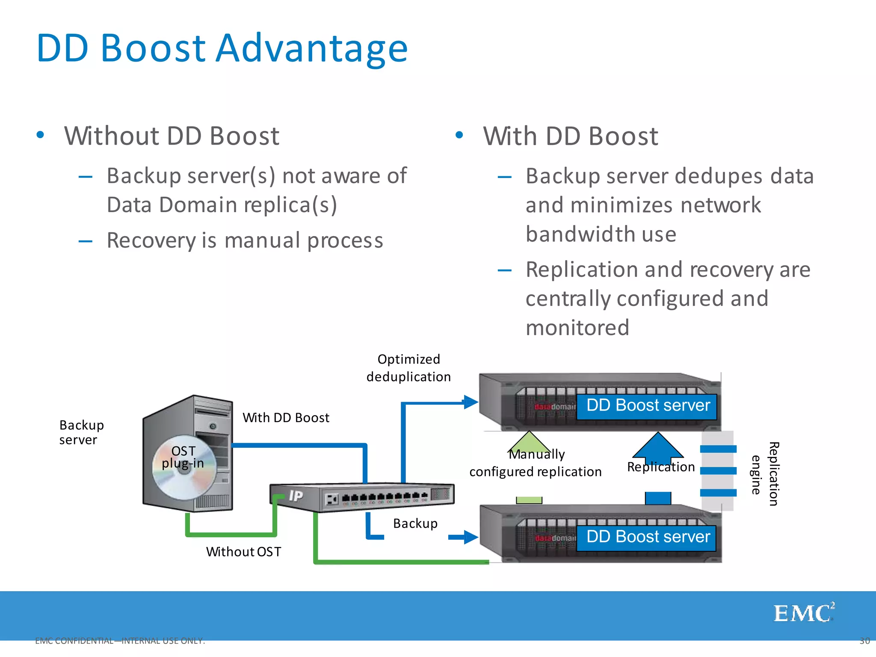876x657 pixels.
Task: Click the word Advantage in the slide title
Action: (312, 48)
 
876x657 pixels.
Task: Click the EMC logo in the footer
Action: (803, 613)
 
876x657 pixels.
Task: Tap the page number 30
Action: (864, 641)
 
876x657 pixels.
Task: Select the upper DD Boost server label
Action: (647, 405)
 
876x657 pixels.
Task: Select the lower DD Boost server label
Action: (647, 537)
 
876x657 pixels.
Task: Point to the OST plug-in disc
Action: (184, 468)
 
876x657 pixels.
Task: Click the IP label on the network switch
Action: (296, 495)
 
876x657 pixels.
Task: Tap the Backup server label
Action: (81, 432)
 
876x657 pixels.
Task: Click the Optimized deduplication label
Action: (408, 368)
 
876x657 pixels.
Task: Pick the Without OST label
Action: (243, 552)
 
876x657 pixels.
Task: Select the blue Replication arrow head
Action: (658, 445)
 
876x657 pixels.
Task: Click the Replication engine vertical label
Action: (766, 474)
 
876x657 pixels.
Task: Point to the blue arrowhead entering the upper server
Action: (471, 402)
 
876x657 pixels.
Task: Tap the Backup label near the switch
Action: (415, 524)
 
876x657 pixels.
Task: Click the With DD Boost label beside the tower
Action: (286, 417)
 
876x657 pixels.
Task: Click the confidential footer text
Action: (120, 641)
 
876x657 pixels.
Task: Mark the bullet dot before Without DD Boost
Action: (40, 135)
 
